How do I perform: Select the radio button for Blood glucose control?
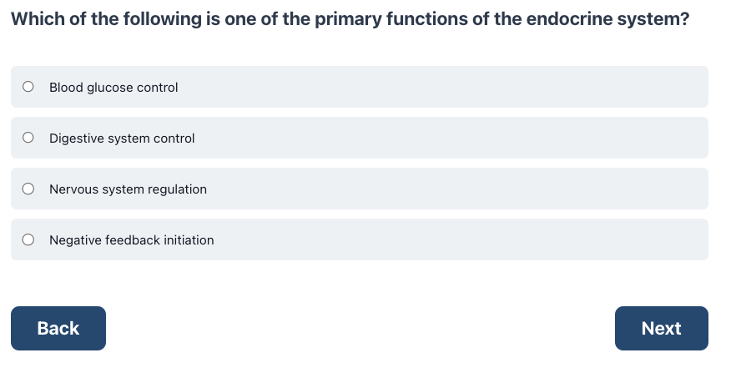28,86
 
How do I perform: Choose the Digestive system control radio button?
28,138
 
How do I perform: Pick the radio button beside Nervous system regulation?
28,189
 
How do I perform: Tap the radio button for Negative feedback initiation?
28,239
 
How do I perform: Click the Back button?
58,329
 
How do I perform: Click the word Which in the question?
38,19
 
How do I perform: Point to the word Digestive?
77,139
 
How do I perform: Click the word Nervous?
72,189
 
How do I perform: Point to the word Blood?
66,88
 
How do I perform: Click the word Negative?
76,240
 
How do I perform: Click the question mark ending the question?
685,19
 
